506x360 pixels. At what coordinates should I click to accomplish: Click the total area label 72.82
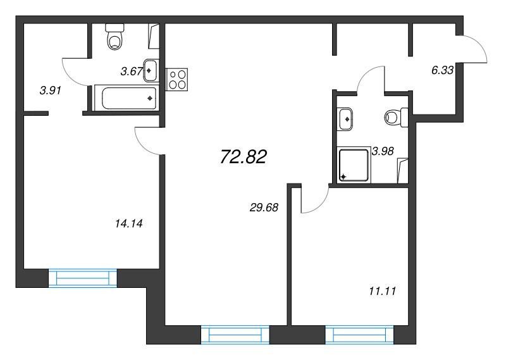coord(243,158)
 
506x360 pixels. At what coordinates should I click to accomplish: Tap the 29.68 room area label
coord(264,208)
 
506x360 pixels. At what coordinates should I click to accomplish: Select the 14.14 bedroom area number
coord(129,223)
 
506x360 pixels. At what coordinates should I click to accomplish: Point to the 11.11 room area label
coord(383,292)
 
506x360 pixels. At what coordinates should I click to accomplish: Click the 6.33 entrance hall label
coord(442,70)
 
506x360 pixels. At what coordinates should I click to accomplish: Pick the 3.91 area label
coord(51,90)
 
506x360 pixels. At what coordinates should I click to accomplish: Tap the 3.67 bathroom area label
coord(132,71)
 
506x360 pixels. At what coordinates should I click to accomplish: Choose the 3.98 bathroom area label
coord(383,151)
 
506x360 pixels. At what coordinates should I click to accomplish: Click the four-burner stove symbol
coord(176,79)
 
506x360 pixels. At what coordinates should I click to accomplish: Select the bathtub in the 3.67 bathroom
coord(126,98)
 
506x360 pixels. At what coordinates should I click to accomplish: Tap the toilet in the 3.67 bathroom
coord(114,37)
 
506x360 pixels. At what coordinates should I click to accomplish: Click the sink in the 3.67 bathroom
coord(151,70)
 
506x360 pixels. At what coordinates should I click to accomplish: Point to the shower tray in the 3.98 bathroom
coord(354,164)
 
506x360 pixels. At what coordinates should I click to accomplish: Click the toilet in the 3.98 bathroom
coord(397,117)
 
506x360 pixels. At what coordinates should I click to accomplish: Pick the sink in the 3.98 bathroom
coord(345,119)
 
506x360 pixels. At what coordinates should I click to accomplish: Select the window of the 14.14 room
coord(83,278)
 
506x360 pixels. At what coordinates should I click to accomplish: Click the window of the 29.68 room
coord(235,335)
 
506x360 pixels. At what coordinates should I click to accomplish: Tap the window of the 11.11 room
coord(359,335)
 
